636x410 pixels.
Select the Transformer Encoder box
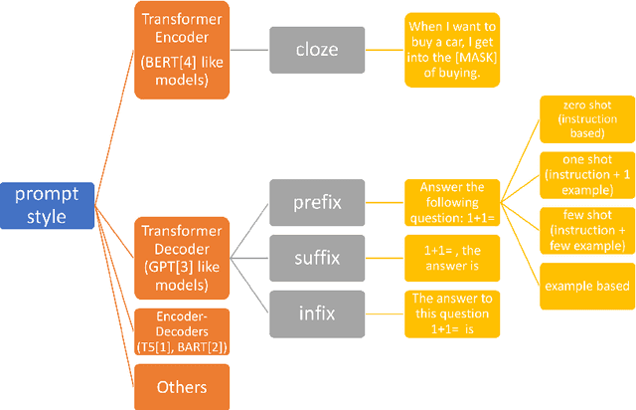(x=183, y=50)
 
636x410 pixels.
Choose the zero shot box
(x=584, y=120)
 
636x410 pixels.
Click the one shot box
(x=584, y=175)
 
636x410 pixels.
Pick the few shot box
(x=584, y=231)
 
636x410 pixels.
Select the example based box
(x=584, y=286)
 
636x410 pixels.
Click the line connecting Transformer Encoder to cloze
(x=249, y=50)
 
